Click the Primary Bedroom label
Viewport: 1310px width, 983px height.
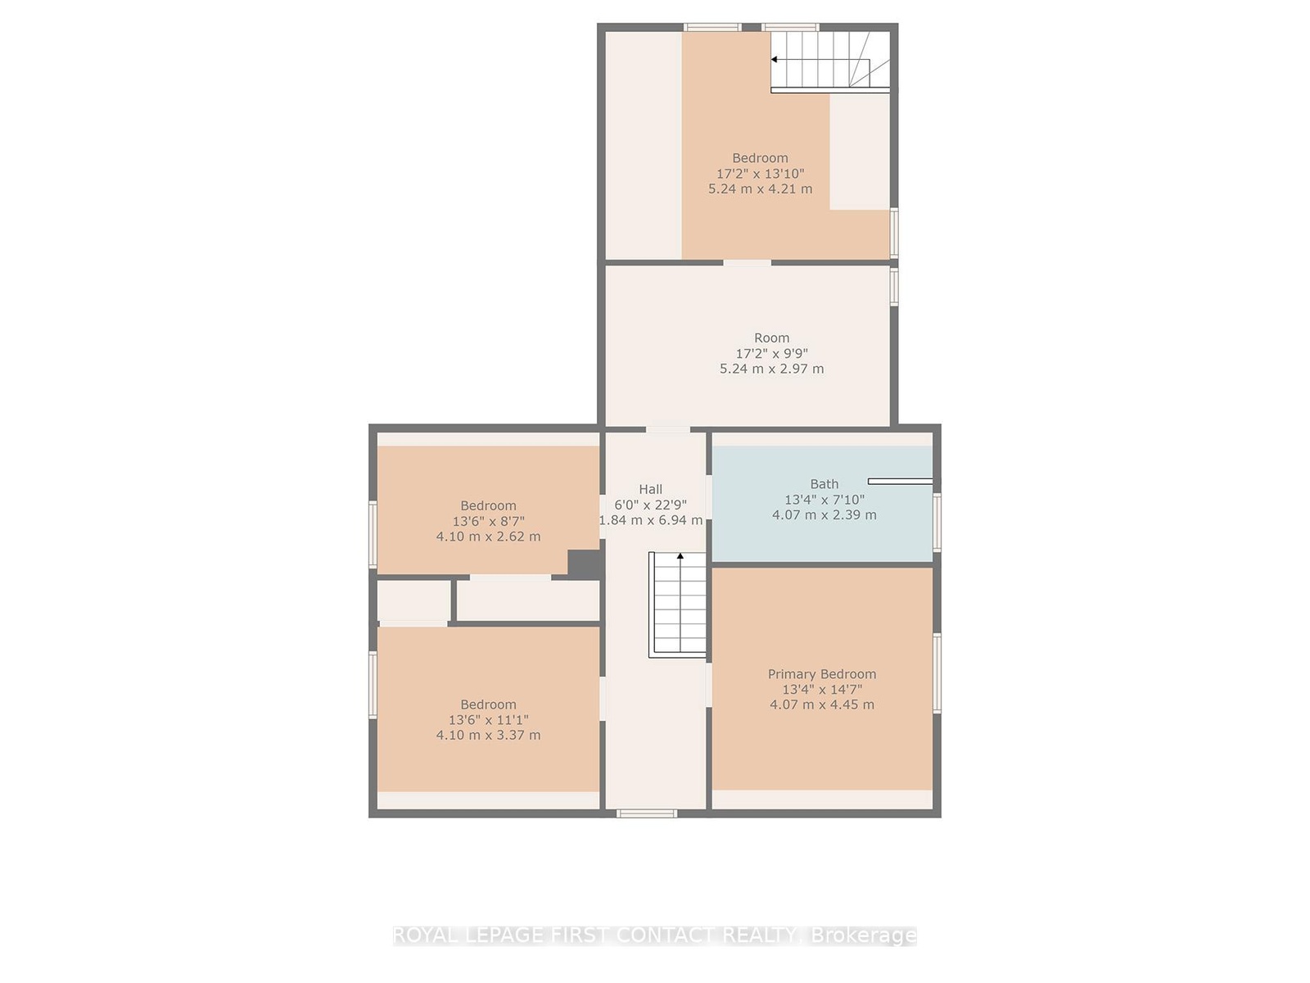(x=821, y=674)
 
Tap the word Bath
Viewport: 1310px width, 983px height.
(x=824, y=484)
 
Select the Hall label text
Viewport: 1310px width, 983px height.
(x=651, y=489)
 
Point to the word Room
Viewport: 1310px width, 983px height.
(x=772, y=337)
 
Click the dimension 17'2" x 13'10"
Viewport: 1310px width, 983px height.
(x=761, y=174)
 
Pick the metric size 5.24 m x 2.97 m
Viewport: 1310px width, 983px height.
(x=772, y=369)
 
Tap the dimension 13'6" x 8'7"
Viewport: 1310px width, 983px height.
(x=488, y=521)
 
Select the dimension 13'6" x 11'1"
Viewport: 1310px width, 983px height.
(x=488, y=720)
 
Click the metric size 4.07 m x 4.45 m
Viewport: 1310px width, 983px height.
(x=822, y=704)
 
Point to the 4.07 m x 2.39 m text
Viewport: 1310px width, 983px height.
(x=824, y=514)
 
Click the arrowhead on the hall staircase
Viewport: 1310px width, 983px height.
(x=680, y=556)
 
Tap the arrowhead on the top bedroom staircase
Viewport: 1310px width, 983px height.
(x=774, y=60)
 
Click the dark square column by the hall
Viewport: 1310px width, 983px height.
(x=584, y=564)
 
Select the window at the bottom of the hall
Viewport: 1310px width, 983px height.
(x=646, y=813)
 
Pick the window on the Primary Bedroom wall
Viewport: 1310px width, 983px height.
(x=937, y=673)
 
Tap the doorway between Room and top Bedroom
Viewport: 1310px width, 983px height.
(x=748, y=263)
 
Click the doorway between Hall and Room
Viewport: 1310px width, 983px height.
(x=668, y=428)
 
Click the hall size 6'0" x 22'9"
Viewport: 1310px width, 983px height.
(x=651, y=505)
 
